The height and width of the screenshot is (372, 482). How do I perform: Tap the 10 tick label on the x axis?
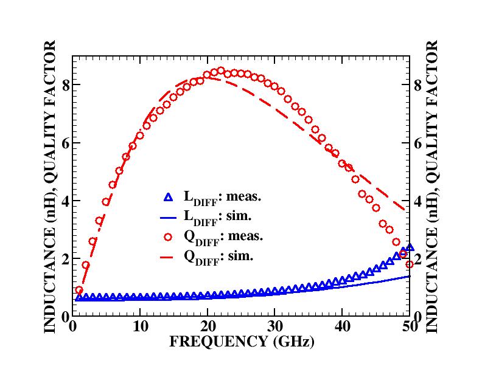pos(140,326)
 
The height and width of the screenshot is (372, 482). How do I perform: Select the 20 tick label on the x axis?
pos(208,326)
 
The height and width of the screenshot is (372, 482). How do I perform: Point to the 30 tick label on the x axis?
pos(275,326)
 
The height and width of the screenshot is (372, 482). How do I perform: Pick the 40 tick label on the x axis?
pos(343,326)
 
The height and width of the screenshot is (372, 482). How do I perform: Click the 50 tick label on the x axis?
pos(409,326)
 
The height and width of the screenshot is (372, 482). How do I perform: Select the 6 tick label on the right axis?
pos(418,143)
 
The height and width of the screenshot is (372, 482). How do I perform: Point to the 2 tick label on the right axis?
pos(418,259)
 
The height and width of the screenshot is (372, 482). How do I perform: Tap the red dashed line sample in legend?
pos(169,257)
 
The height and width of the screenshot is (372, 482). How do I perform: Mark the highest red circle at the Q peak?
pos(221,71)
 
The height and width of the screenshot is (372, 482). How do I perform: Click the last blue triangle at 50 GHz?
pos(410,247)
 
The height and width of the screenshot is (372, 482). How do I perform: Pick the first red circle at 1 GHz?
pos(79,291)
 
